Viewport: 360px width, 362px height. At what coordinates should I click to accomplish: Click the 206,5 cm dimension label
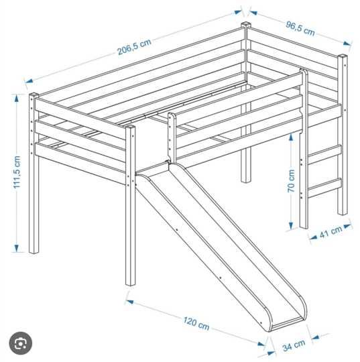tap(134, 47)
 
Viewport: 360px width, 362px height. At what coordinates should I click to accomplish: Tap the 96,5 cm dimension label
tap(300, 29)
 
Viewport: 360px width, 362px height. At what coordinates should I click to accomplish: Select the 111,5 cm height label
tap(17, 172)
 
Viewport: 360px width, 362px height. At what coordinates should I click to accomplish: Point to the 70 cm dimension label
tap(292, 181)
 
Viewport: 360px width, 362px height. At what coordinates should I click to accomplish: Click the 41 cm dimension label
tap(331, 232)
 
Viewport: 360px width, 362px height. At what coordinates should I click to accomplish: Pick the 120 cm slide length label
tap(196, 323)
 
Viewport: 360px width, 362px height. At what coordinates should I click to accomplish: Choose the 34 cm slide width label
tap(294, 345)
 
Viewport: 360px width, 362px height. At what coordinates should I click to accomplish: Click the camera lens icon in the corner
tap(21, 343)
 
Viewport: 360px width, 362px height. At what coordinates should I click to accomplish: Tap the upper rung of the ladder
tap(324, 154)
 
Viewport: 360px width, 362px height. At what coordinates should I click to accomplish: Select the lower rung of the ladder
tap(324, 188)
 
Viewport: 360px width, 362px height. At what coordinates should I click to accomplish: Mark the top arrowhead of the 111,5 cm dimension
tap(16, 99)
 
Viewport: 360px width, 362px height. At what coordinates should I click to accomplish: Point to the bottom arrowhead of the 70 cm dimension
tap(291, 225)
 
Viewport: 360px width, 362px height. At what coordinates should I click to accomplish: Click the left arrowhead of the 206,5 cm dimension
tap(29, 80)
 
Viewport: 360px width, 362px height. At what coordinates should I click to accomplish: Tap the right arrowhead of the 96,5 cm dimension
tap(347, 44)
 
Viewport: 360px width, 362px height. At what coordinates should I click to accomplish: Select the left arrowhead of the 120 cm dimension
tap(129, 302)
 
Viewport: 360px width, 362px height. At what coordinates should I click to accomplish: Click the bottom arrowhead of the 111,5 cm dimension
tap(16, 248)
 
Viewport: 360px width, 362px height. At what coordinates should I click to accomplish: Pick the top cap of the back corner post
tap(246, 24)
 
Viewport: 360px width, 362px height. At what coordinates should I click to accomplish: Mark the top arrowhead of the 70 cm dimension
tap(291, 138)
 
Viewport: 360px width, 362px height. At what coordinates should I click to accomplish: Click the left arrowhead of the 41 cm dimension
tap(313, 237)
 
